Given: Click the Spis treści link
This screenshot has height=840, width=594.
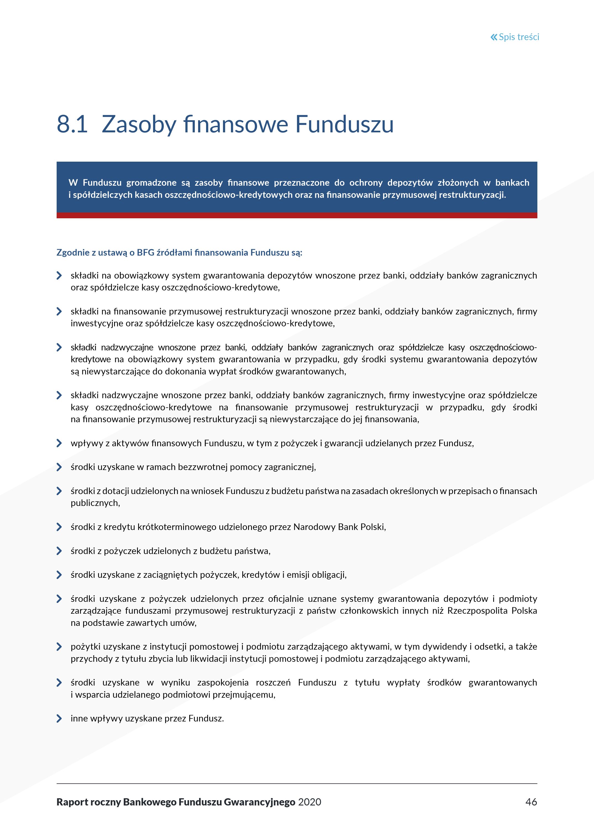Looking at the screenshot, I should coord(519,37).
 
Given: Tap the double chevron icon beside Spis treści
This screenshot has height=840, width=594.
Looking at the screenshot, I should coord(494,37).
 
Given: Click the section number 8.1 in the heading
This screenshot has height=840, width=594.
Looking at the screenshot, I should coord(72,124).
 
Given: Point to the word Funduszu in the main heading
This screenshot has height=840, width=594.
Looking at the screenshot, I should coord(344,124).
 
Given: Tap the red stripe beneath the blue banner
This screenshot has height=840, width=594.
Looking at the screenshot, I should coord(297,216).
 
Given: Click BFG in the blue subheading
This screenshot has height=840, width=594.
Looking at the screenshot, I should coord(146,253).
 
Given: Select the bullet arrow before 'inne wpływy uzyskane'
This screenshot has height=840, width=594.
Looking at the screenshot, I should coord(59,718).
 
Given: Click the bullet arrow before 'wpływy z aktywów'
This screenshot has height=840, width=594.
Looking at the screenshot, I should coord(59,443).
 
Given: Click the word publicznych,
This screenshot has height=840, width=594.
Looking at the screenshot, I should coord(95,503).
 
